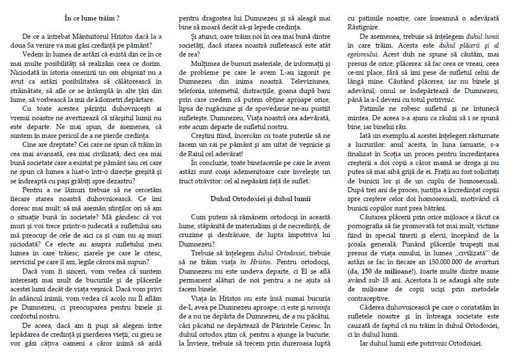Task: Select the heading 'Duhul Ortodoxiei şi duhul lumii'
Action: [x=261, y=198]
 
